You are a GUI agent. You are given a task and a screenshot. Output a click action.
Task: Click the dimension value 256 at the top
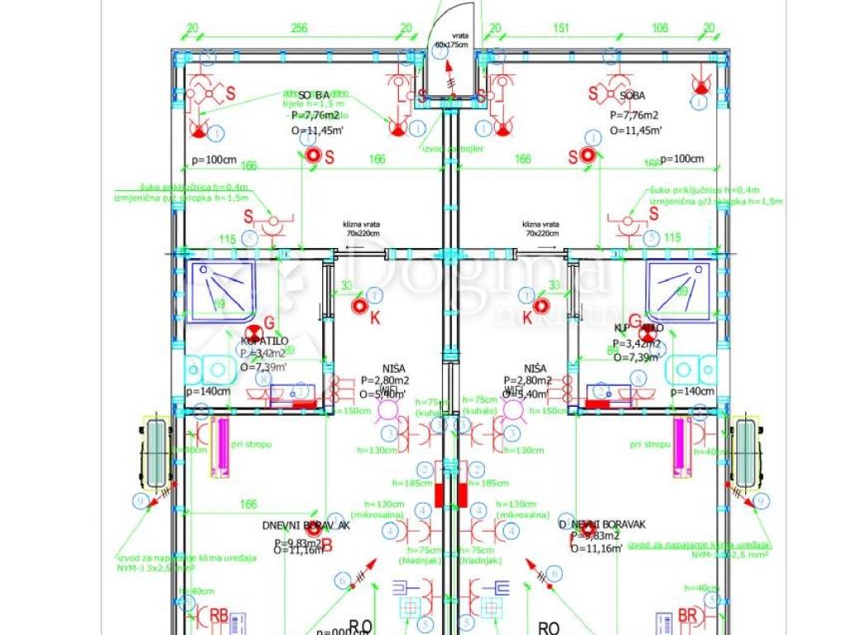coord(299,28)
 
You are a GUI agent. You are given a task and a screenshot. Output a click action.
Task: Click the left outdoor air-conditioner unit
coord(154,452)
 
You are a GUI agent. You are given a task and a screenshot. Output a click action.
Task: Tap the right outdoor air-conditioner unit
coord(746,452)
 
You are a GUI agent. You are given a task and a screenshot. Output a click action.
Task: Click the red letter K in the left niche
coord(374,317)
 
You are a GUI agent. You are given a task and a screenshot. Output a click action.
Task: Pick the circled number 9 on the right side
coord(761,500)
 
